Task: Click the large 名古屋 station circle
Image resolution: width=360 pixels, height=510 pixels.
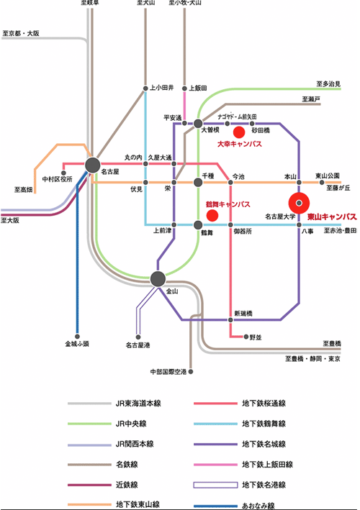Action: click(x=93, y=165)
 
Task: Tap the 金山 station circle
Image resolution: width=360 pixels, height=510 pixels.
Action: click(x=158, y=279)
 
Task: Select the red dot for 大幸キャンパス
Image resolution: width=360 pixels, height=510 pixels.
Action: click(x=239, y=132)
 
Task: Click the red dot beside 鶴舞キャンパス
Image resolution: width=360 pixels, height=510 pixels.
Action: click(x=212, y=215)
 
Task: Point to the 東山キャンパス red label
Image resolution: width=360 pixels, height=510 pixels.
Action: click(x=332, y=217)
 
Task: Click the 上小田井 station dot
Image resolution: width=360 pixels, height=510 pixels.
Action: click(x=145, y=88)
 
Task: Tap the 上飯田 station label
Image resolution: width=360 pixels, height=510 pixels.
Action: click(x=198, y=88)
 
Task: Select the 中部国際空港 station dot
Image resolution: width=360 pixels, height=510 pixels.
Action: click(x=191, y=371)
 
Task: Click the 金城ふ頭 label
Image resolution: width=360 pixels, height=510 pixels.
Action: click(x=77, y=344)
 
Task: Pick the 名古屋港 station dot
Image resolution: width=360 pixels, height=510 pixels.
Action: click(x=138, y=337)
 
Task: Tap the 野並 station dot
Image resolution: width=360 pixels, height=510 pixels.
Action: click(x=246, y=337)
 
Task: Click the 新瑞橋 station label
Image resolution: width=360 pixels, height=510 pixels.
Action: click(x=243, y=313)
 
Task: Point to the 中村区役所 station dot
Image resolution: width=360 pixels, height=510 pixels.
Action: click(x=63, y=173)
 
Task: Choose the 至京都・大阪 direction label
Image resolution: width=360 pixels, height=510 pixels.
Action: click(x=21, y=33)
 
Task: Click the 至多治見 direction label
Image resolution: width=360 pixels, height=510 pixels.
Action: click(x=328, y=84)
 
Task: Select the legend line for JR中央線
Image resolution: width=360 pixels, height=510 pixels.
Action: click(x=89, y=424)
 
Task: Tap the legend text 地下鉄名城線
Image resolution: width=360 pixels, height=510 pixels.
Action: click(x=264, y=444)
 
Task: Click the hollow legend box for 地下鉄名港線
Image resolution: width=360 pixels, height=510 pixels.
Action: click(x=215, y=485)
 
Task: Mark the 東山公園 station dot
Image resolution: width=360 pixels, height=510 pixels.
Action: click(x=322, y=183)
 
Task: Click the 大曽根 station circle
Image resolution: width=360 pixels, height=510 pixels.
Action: click(x=198, y=124)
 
